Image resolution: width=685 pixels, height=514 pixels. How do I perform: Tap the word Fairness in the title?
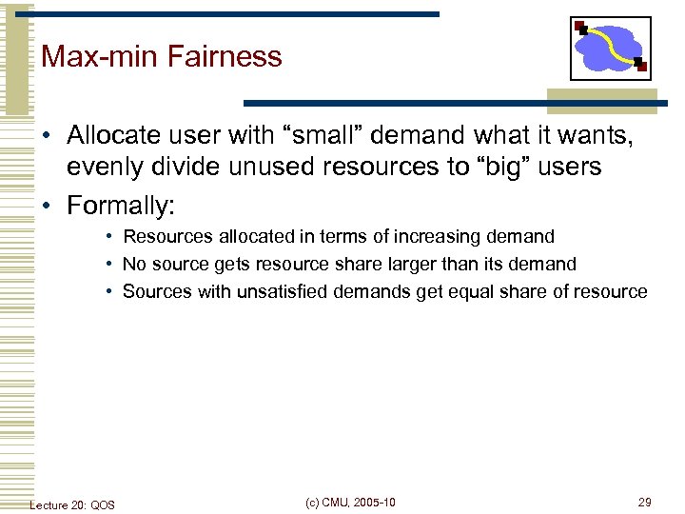[225, 56]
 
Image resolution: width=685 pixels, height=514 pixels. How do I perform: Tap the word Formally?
[120, 206]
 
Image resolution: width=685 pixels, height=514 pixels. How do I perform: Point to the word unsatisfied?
[246, 291]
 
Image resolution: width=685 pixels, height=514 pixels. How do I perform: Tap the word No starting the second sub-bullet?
[133, 264]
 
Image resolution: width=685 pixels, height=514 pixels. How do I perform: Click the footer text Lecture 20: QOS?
[72, 504]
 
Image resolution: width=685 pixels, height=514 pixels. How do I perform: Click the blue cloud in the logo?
[610, 48]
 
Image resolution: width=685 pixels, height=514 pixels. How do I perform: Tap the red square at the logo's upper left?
[579, 26]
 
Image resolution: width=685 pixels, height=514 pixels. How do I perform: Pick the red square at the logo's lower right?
[641, 67]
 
